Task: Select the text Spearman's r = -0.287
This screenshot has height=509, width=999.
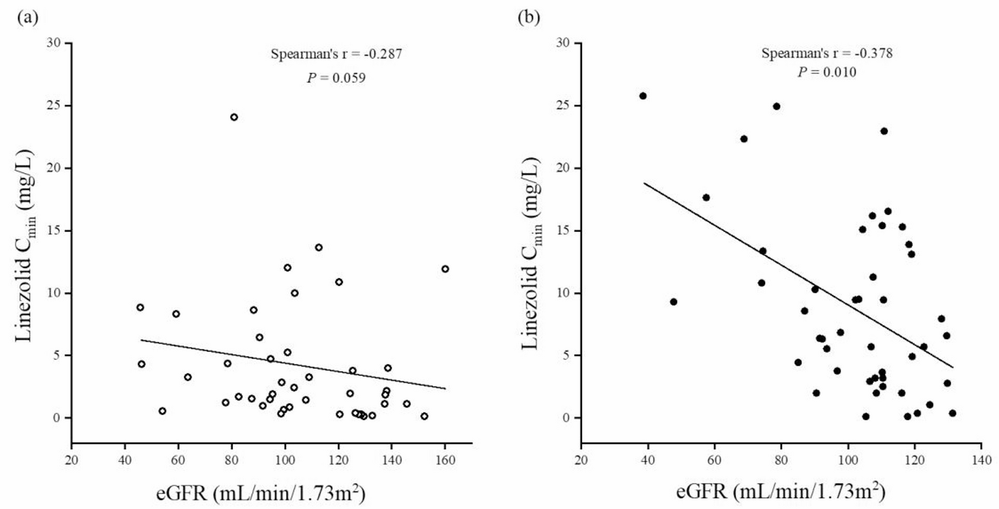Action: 336,55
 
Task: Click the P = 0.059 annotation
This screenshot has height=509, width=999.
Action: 336,77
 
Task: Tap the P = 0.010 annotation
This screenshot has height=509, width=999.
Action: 827,72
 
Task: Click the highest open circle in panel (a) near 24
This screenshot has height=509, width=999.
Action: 234,117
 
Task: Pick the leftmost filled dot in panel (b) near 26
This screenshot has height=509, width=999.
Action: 643,96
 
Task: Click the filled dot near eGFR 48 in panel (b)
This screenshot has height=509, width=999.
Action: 673,301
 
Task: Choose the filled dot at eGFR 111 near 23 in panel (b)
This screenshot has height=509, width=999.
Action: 884,131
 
